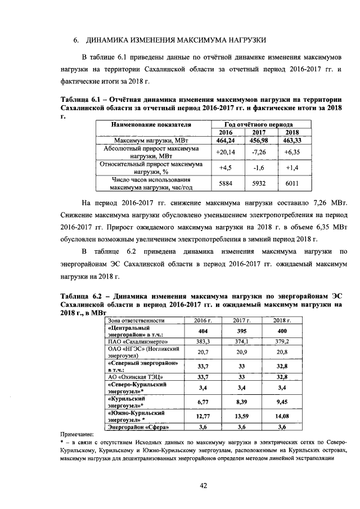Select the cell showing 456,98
[x=259, y=140]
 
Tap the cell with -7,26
[x=259, y=152]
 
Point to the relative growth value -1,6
[x=259, y=168]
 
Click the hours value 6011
[x=292, y=183]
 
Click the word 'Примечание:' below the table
[x=79, y=435]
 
